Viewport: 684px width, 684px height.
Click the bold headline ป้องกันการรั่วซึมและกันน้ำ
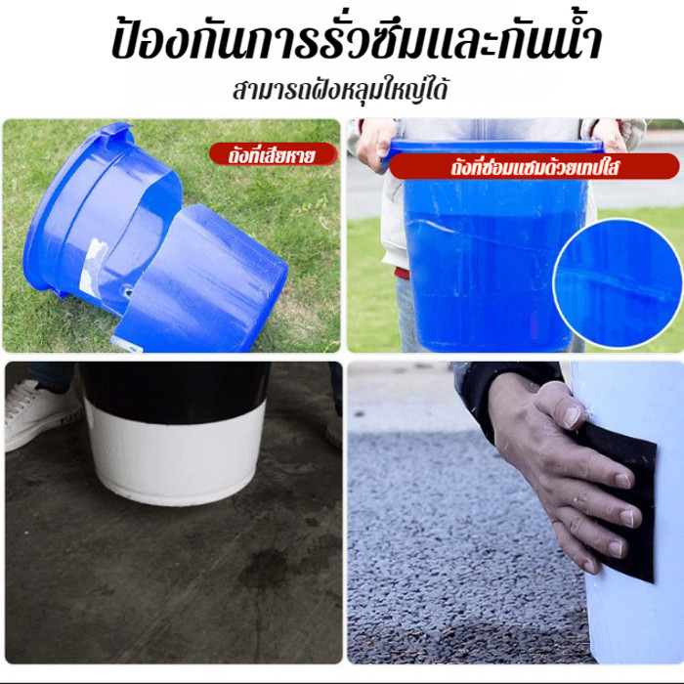pos(357,38)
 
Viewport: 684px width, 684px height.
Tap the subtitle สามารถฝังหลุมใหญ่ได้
pos(340,90)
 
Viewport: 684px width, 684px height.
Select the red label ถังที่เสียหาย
pos(273,154)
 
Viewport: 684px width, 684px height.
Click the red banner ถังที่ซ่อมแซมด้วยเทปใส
pos(534,167)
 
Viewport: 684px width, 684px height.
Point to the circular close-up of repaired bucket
pos(618,284)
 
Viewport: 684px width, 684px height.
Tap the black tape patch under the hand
pos(620,501)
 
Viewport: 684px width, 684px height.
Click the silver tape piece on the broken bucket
pos(94,265)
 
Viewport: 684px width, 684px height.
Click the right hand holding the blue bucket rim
pos(610,135)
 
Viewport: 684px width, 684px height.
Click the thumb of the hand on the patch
pos(562,406)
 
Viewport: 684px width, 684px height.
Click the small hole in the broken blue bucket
pos(128,289)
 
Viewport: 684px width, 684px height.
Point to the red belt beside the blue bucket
pos(402,273)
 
